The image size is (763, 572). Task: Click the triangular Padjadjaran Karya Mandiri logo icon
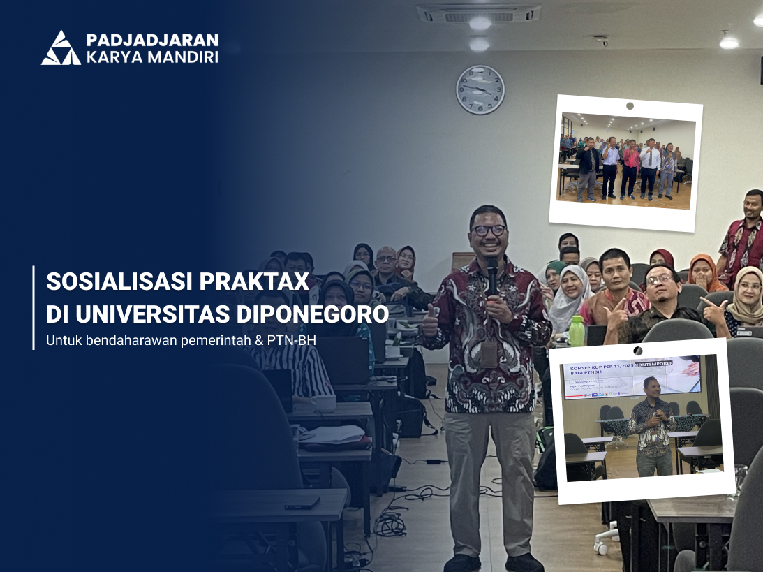pos(61,48)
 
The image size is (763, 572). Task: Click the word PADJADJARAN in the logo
pos(151,40)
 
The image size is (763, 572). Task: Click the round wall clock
pos(480,89)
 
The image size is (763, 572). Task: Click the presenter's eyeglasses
pos(488,230)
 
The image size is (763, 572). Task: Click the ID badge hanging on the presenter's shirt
pos(489,353)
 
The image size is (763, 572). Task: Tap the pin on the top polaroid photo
pos(630,106)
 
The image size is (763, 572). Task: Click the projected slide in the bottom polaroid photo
pos(632,377)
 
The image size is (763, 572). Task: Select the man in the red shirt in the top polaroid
pos(630,168)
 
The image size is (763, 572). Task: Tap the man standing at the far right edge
pos(743,237)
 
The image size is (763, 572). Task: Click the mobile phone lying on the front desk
pos(302,502)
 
